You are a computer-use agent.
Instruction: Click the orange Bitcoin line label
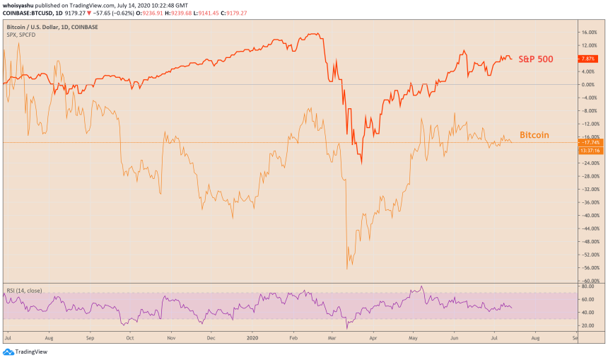[x=534, y=134]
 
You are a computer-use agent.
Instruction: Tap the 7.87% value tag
[x=589, y=59]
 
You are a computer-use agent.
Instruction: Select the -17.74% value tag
[x=589, y=142]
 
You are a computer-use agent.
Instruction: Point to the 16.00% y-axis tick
[x=589, y=33]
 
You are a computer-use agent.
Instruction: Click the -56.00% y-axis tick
[x=589, y=268]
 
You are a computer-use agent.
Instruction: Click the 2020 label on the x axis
[x=252, y=338]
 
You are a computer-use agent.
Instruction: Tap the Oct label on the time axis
[x=129, y=338]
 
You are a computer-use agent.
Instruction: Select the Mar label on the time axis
[x=332, y=338]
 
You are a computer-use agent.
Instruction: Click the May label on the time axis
[x=412, y=338]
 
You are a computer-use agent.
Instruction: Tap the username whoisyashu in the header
[x=21, y=5]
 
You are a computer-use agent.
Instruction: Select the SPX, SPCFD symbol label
[x=22, y=35]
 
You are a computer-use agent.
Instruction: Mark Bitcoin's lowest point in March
[x=347, y=269]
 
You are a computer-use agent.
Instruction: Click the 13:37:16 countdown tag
[x=589, y=150]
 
